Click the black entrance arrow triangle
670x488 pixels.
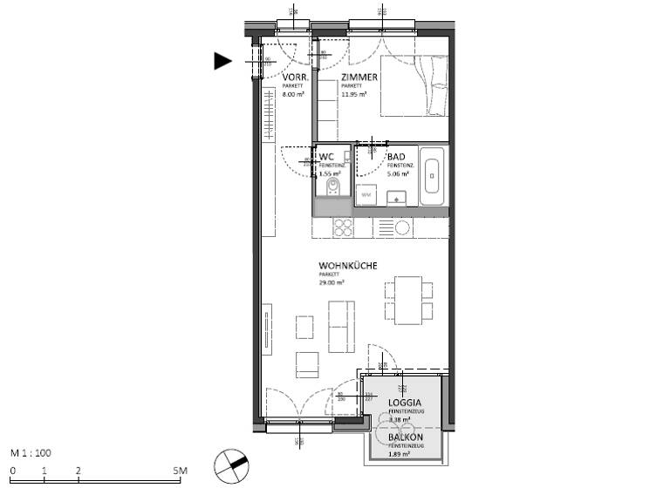[x=223, y=60]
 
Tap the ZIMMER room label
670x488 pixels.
[x=359, y=78]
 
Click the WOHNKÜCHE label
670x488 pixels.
[x=347, y=266]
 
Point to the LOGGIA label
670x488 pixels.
[x=405, y=403]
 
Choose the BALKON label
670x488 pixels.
[x=406, y=437]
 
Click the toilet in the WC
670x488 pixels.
[x=332, y=187]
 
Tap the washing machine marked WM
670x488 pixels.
[x=366, y=195]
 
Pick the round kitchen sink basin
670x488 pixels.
[x=402, y=228]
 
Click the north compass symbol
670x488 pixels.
[x=230, y=464]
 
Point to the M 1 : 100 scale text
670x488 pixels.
[x=31, y=454]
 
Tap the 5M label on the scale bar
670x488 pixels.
[x=180, y=471]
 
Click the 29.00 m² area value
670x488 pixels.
[x=331, y=283]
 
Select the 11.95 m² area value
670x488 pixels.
[x=353, y=94]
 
